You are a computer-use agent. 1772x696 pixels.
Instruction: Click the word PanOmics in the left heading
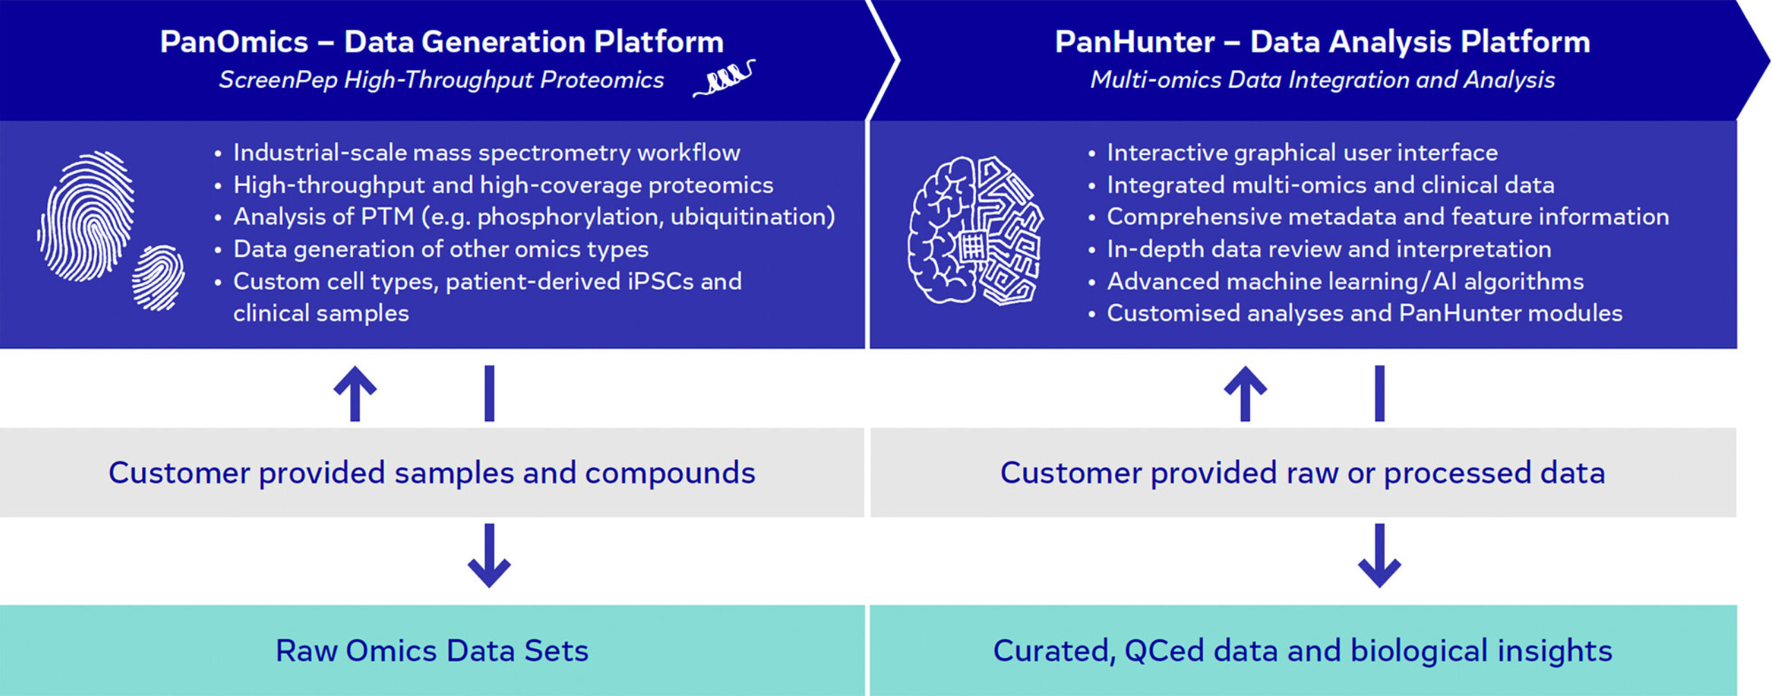(x=234, y=42)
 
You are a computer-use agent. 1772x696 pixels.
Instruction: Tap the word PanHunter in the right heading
(x=1134, y=42)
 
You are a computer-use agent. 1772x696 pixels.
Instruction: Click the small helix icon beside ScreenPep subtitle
(x=723, y=78)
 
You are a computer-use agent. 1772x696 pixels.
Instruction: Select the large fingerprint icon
(x=87, y=216)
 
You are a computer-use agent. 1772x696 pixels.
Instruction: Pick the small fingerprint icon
(x=159, y=278)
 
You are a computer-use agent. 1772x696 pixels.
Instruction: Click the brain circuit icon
(x=975, y=231)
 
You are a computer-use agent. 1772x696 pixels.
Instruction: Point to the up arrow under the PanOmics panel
(x=355, y=393)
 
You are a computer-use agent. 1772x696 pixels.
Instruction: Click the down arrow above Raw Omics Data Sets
(x=489, y=555)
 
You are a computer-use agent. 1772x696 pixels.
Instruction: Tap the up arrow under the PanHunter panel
(x=1245, y=393)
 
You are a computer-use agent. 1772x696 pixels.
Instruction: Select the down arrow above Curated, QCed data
(x=1379, y=555)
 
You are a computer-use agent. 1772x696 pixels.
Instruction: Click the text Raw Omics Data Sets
(x=432, y=651)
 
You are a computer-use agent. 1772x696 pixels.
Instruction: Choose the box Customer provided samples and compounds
(x=432, y=473)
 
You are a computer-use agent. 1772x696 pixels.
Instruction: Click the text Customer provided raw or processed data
(x=1302, y=473)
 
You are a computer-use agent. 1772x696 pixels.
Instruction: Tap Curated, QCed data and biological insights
(x=1302, y=651)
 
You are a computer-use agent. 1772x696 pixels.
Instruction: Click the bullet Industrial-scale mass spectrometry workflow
(x=486, y=152)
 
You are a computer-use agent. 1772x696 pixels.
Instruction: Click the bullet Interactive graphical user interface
(x=1301, y=152)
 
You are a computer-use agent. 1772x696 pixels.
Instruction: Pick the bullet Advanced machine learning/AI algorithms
(x=1345, y=281)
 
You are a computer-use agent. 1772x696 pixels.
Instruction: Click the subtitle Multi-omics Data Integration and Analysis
(x=1322, y=80)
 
